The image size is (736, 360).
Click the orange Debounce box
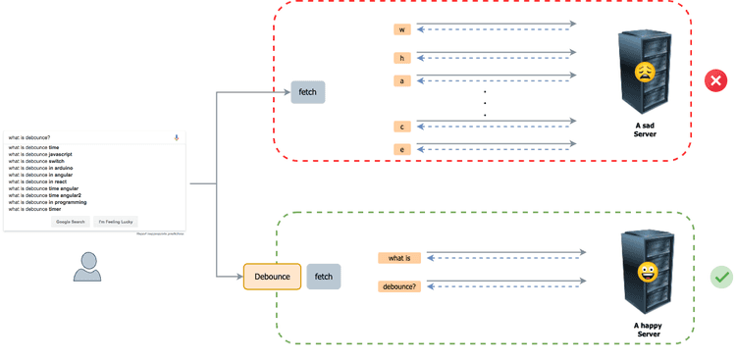[x=272, y=277]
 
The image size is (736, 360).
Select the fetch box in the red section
[x=307, y=92]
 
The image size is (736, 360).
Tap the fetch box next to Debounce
[x=323, y=277]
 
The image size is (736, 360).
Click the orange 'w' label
[x=401, y=29]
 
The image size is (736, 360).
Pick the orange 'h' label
[x=401, y=58]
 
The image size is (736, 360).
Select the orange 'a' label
[x=401, y=80]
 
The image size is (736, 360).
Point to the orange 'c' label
[x=401, y=127]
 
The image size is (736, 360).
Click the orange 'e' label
[x=401, y=149]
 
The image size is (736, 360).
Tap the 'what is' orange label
[x=399, y=258]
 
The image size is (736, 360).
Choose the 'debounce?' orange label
[x=399, y=286]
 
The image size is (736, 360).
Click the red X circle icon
[x=715, y=80]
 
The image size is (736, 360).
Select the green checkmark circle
[x=721, y=278]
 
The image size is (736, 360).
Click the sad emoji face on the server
[x=644, y=72]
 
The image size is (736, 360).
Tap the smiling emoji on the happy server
[x=647, y=272]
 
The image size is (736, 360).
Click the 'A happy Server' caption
[x=648, y=330]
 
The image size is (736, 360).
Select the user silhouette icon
[x=87, y=266]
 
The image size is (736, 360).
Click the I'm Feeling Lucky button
[x=116, y=222]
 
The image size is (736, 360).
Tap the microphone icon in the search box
[x=177, y=137]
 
